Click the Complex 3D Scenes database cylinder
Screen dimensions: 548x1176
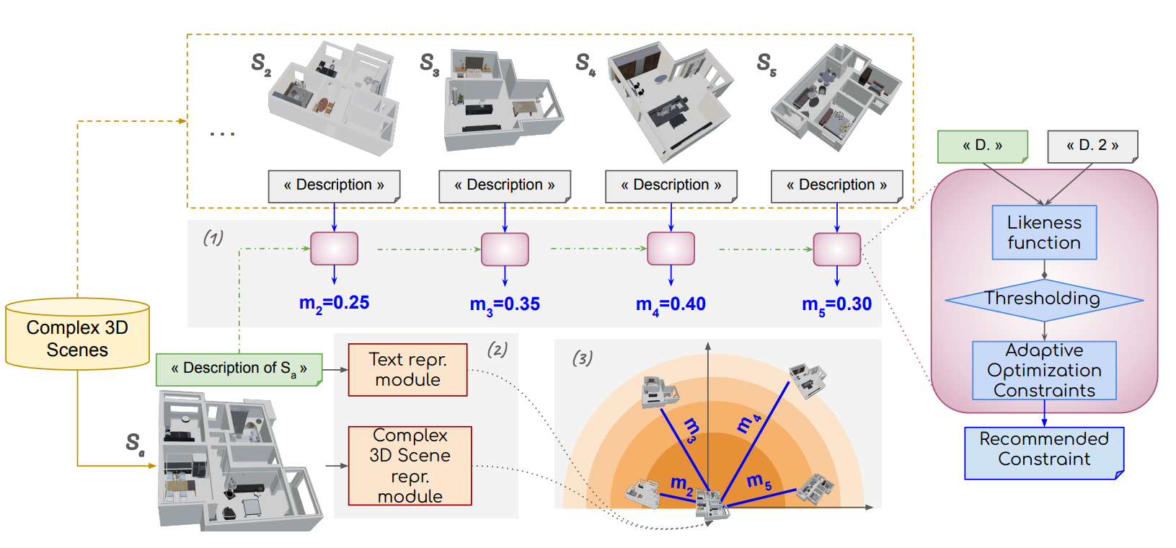(77, 335)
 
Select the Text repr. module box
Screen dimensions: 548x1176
(407, 370)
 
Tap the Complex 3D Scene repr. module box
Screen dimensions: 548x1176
(410, 466)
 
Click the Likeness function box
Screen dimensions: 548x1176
(1043, 233)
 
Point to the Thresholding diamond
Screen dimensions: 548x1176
(1043, 299)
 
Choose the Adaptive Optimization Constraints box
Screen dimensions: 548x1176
(1043, 371)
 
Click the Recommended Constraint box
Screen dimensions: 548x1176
(1043, 453)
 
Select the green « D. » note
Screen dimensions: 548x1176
(982, 146)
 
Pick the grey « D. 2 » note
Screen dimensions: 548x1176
(1092, 146)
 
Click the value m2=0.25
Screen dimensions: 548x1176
(334, 304)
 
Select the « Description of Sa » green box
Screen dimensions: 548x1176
(239, 369)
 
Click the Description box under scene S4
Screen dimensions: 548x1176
(671, 186)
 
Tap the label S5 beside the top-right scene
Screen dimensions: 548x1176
(766, 65)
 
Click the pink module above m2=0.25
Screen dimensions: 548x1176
(334, 249)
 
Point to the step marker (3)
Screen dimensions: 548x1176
(582, 358)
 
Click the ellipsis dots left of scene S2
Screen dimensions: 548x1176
(222, 134)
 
